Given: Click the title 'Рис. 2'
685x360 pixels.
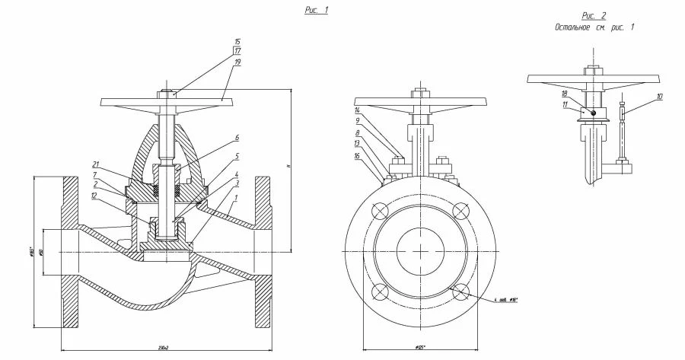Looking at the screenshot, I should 594,15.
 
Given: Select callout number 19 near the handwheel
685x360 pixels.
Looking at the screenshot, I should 237,61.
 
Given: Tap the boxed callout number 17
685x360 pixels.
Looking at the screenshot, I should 237,51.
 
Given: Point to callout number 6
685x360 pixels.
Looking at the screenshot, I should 237,139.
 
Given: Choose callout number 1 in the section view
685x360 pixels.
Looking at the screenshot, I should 237,199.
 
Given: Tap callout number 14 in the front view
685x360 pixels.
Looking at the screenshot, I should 358,110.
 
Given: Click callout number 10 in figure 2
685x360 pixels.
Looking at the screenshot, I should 659,97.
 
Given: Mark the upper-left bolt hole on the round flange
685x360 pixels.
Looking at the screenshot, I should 378,211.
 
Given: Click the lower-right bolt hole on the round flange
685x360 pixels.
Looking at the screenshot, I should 460,292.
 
